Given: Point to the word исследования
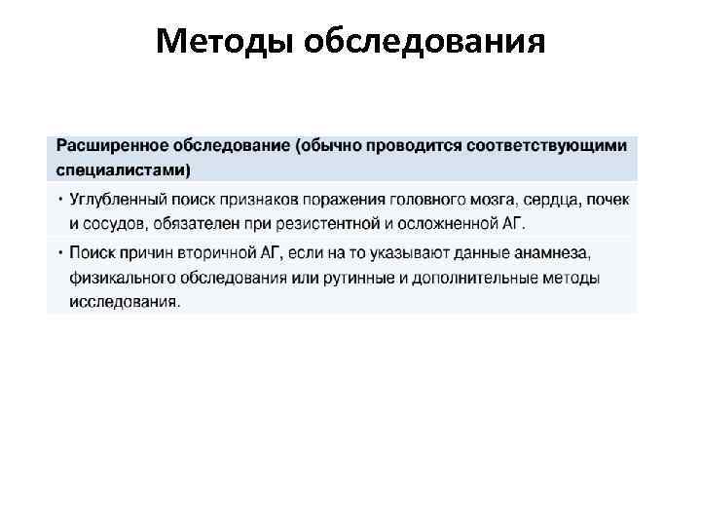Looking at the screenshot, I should point(124,301).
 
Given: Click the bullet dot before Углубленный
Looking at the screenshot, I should point(60,200).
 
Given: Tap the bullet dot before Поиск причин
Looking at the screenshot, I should point(60,253).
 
